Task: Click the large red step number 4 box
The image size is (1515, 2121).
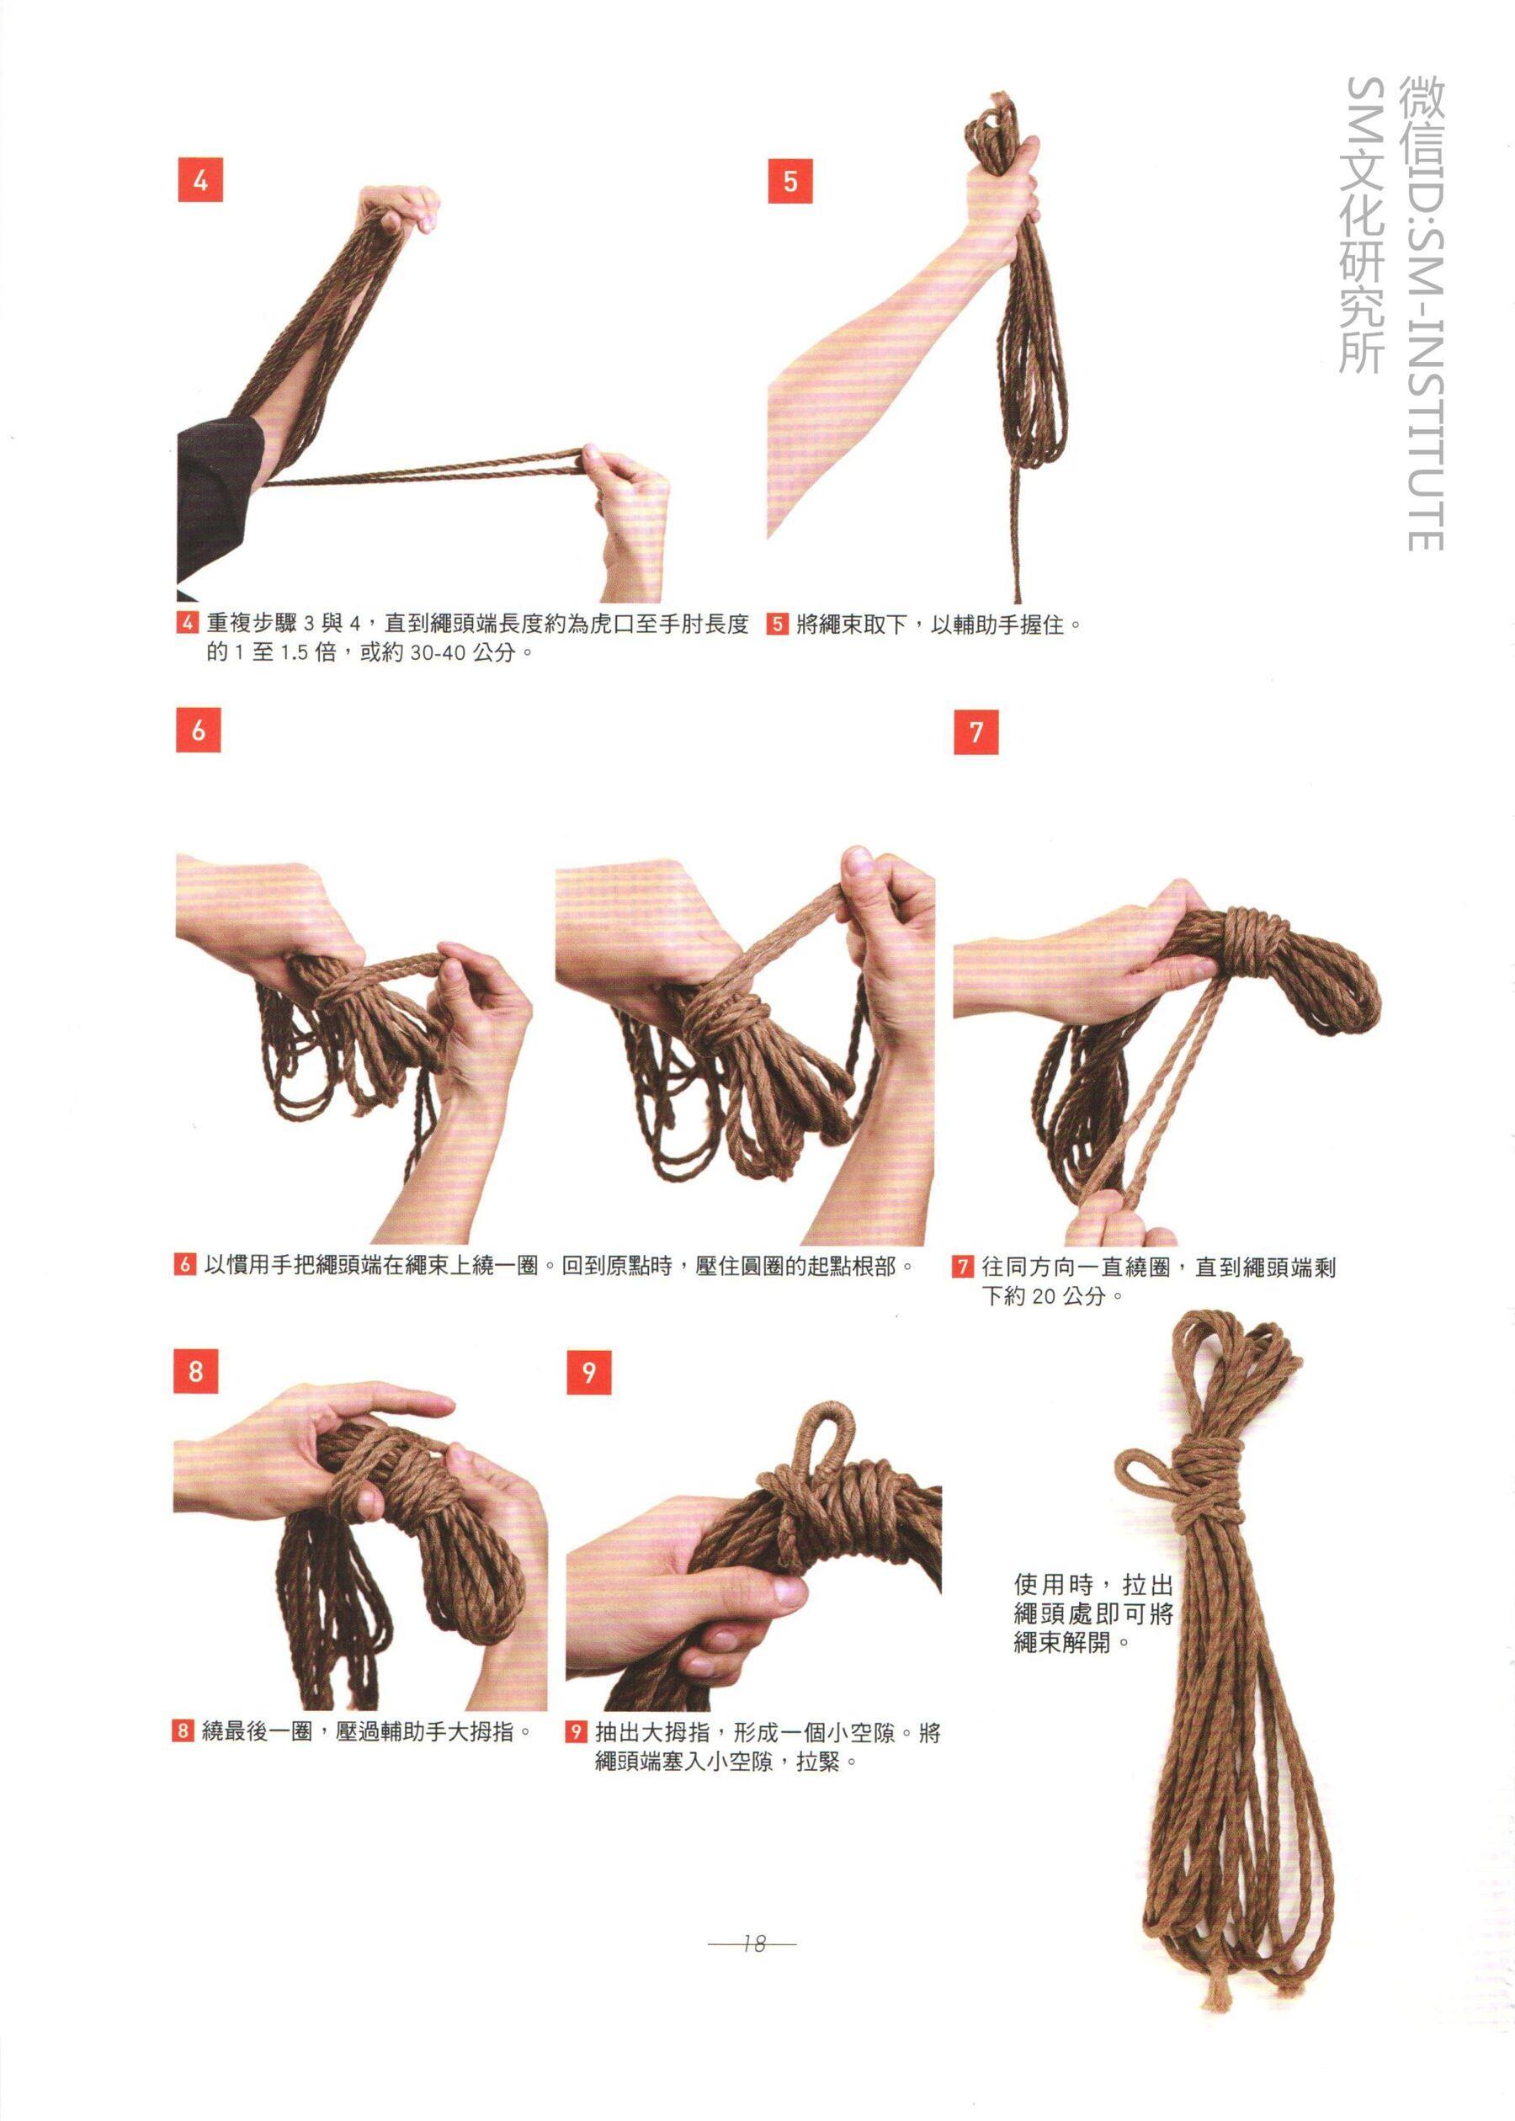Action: (x=199, y=180)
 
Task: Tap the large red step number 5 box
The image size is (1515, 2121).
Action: (x=790, y=180)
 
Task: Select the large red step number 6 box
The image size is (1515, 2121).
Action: (x=198, y=730)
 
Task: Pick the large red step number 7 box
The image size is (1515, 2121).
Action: (x=975, y=732)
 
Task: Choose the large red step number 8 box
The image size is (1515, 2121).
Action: (x=196, y=1371)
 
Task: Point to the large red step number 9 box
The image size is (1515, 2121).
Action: (x=588, y=1373)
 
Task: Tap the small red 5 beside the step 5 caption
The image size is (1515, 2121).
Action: (x=778, y=624)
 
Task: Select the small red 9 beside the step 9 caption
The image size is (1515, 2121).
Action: (x=577, y=1732)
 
